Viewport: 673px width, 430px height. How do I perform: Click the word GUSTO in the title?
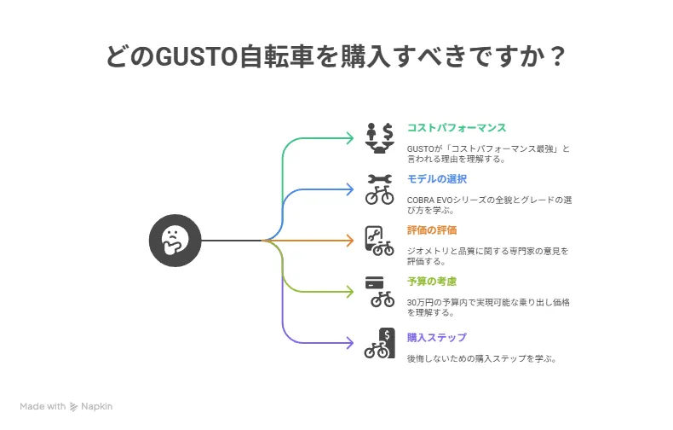click(196, 56)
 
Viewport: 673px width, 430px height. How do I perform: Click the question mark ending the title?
click(558, 56)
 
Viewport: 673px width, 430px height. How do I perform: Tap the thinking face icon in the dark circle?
click(175, 241)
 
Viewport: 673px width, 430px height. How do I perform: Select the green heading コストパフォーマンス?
click(457, 128)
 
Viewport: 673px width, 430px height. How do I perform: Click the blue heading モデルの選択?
click(436, 179)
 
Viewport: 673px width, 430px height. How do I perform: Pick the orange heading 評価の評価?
click(432, 230)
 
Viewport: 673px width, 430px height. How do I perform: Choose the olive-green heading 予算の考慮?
click(432, 282)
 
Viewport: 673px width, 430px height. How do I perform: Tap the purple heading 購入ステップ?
click(436, 338)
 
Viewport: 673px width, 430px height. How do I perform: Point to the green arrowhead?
click(350, 138)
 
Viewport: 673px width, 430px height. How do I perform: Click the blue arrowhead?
click(350, 189)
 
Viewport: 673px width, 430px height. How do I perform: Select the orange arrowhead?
click(350, 241)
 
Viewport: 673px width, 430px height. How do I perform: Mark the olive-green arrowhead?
click(350, 292)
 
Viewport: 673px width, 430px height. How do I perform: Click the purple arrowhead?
click(350, 343)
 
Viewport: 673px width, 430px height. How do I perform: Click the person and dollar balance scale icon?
click(379, 138)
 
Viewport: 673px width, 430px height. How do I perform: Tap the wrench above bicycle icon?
click(379, 189)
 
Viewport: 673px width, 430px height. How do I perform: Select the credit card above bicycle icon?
click(379, 292)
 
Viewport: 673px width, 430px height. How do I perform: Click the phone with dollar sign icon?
click(379, 343)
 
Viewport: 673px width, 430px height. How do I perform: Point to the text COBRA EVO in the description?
click(429, 200)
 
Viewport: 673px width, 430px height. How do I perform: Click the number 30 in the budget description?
click(411, 302)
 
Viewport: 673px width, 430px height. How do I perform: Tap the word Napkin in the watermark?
click(96, 406)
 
